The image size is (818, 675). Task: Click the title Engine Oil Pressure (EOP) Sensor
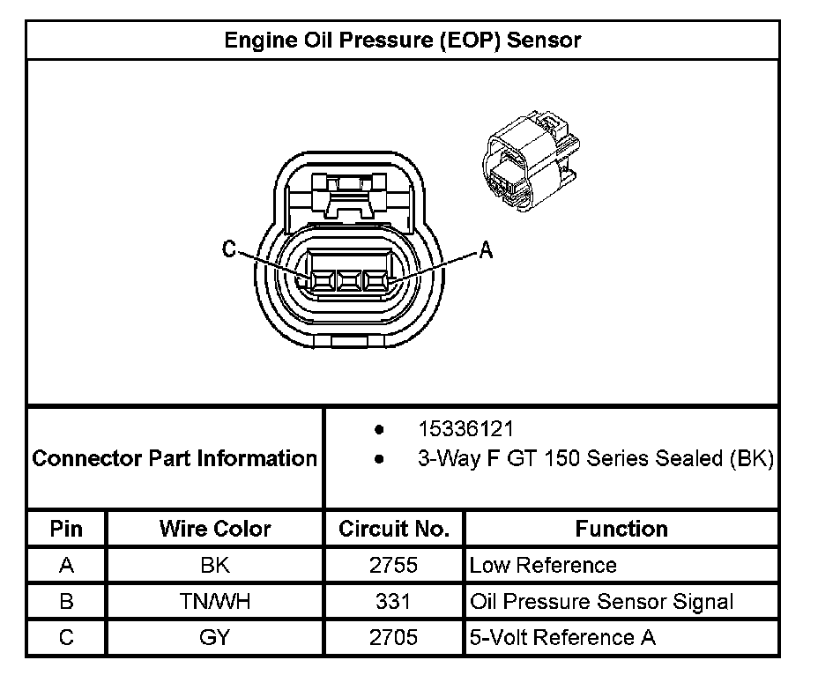point(403,40)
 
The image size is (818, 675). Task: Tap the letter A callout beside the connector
point(485,250)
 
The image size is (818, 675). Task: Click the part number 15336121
point(465,429)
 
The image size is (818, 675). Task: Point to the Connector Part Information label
point(175,458)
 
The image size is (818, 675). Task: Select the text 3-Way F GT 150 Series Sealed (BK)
point(595,459)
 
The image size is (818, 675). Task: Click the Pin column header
point(67,529)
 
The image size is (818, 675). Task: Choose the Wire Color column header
point(215,529)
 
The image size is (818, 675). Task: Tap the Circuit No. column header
point(394,529)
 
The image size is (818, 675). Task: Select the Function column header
point(621,529)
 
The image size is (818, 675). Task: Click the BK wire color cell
point(215,565)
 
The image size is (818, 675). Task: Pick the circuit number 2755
point(393,565)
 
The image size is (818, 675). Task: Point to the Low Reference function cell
point(543,565)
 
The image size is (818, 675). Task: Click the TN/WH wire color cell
point(215,602)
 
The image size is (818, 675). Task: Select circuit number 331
point(393,602)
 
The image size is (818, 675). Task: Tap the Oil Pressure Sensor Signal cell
point(601,602)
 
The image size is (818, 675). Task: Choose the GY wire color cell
point(215,637)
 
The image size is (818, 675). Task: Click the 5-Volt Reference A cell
point(562,637)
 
